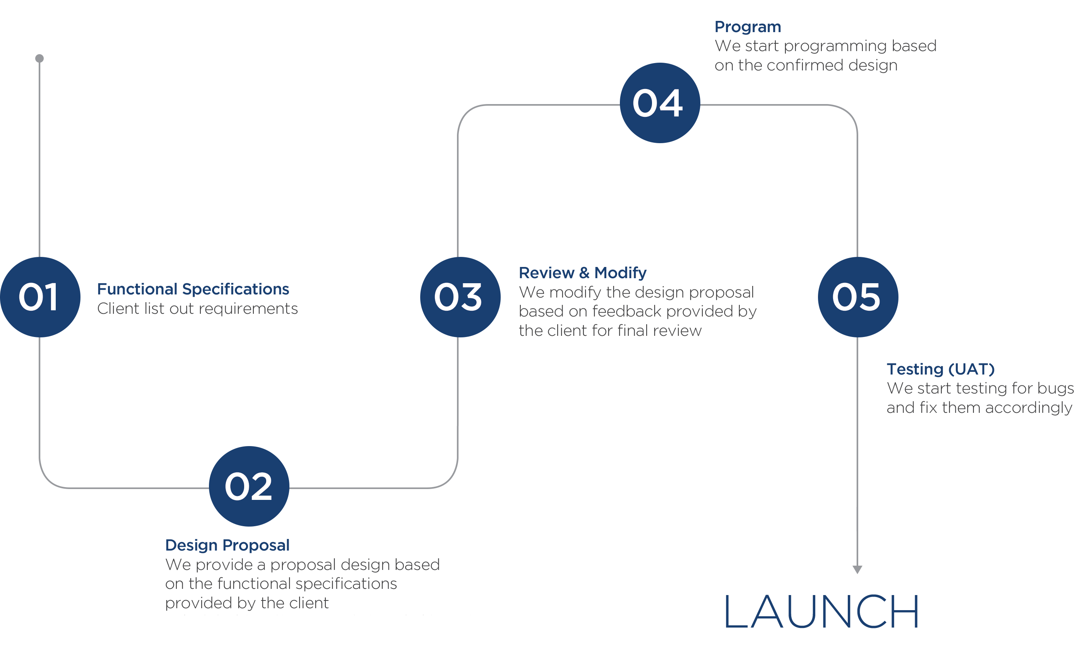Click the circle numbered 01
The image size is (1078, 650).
click(x=40, y=297)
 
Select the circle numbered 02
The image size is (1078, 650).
click(x=249, y=486)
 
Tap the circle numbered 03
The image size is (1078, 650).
click(x=460, y=297)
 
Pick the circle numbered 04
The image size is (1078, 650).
click(x=660, y=103)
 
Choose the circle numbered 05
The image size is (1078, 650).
click(x=857, y=297)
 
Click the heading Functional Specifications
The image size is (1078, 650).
click(x=193, y=289)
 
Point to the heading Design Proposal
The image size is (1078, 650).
click(x=227, y=545)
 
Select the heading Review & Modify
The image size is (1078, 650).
click(x=582, y=272)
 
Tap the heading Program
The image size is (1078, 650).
click(x=747, y=27)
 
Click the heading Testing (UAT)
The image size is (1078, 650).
click(x=941, y=369)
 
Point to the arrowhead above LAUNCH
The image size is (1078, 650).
click(x=857, y=569)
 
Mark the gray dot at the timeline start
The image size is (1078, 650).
click(x=39, y=58)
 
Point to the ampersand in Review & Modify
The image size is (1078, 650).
click(x=584, y=272)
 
